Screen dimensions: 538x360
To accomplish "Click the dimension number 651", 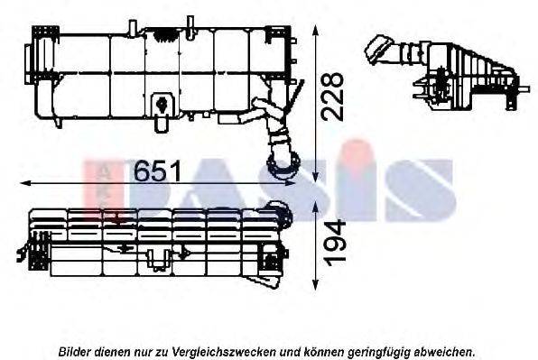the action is [x=157, y=171].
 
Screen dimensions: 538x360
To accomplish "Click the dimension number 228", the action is [x=332, y=97].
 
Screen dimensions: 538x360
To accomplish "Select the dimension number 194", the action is [x=335, y=244].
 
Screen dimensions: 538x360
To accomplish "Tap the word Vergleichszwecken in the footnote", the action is [x=224, y=352].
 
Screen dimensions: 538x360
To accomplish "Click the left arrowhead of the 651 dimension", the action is [x=25, y=183].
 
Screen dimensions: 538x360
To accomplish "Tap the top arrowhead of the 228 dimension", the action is [x=316, y=31].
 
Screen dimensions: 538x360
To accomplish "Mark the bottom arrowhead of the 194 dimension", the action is [x=316, y=285].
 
